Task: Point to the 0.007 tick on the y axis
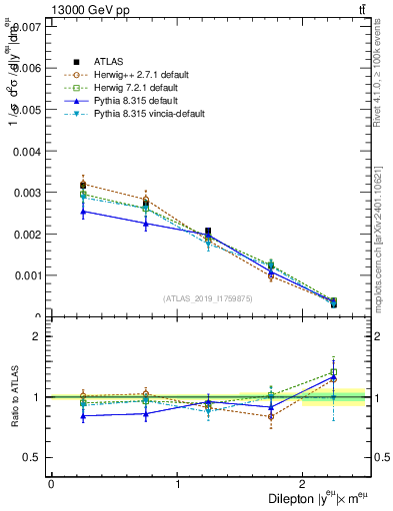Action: pos(27,26)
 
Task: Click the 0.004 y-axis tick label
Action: pos(27,151)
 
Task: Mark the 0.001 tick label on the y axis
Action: pos(27,275)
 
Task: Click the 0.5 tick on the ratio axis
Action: pos(33,457)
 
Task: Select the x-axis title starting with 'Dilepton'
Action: pos(319,498)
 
